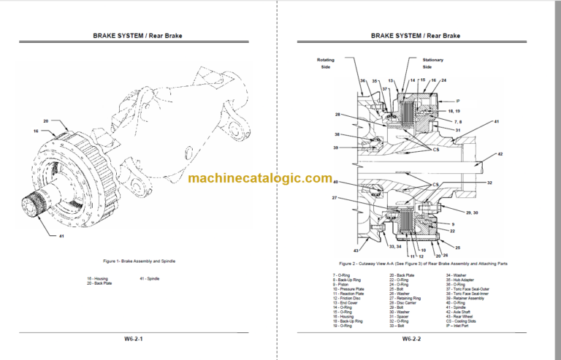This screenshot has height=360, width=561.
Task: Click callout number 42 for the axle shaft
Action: [500, 155]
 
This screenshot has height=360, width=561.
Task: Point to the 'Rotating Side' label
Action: [324, 63]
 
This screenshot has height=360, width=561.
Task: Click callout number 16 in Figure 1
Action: [34, 131]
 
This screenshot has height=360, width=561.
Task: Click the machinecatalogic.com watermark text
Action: [259, 178]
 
